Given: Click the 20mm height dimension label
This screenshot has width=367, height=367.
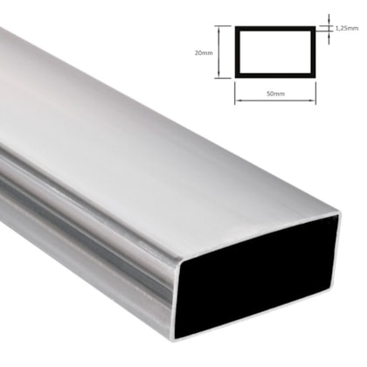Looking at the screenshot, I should click(x=204, y=52).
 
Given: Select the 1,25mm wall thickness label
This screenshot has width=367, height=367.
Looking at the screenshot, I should click(x=347, y=29).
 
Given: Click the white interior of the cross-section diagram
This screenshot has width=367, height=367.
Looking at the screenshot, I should click(x=277, y=52).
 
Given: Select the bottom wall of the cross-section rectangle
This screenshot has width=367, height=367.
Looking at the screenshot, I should click(x=277, y=77).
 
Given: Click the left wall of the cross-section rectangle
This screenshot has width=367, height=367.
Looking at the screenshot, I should click(x=236, y=52).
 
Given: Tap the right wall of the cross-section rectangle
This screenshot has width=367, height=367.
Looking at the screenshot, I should click(x=316, y=52).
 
